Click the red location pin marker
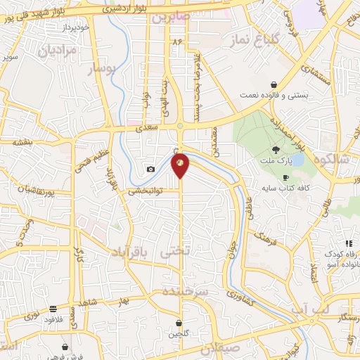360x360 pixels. click(181, 165)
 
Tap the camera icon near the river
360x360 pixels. click(150, 169)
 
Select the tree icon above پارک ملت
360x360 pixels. click(276, 149)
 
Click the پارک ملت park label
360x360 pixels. click(276, 160)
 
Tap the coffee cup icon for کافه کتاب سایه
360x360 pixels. click(285, 177)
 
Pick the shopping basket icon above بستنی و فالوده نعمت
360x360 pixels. click(274, 85)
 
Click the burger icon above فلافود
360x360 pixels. click(53, 309)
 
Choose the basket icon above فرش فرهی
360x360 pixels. click(65, 347)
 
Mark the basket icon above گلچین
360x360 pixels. click(179, 323)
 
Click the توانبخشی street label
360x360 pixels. click(145, 191)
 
